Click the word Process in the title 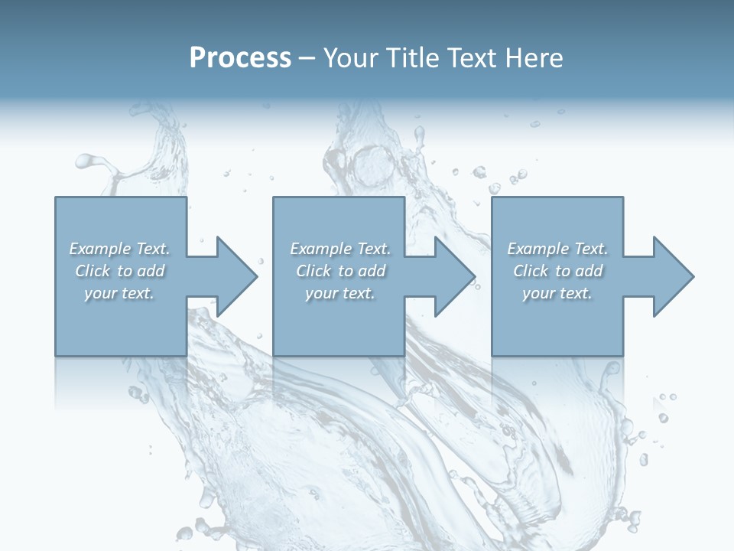(240, 58)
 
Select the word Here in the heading (534, 58)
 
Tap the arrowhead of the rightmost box (672, 276)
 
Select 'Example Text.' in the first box (119, 249)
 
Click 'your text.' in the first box (119, 293)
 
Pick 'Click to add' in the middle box (340, 271)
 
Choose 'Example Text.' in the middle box (340, 249)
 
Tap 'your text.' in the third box (557, 293)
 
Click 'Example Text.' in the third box (557, 249)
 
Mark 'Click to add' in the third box (557, 271)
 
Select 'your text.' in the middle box (340, 293)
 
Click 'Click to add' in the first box (119, 271)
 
